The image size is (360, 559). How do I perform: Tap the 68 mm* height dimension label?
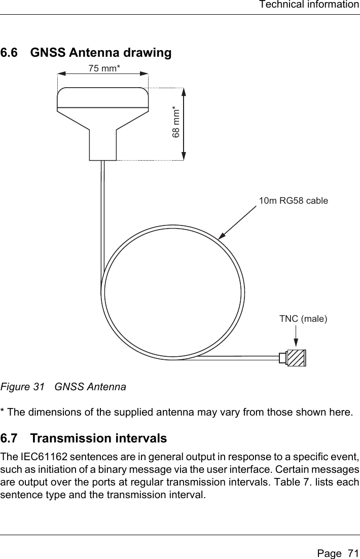click(x=176, y=122)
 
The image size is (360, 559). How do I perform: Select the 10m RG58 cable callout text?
click(x=293, y=201)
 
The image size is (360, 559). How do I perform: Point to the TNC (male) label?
click(x=303, y=319)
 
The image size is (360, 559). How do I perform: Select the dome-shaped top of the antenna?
click(x=103, y=97)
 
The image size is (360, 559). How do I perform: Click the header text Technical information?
click(x=308, y=5)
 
